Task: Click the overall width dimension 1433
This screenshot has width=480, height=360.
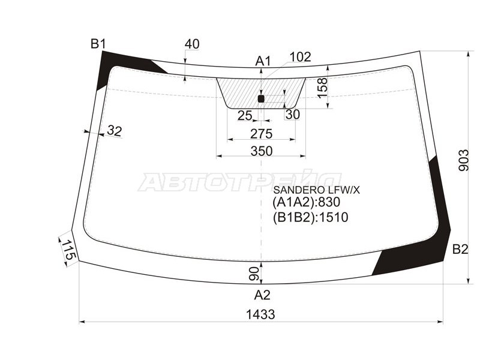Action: point(260,314)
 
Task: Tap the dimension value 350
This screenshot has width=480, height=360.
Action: point(261,151)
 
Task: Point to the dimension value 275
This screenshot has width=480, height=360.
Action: point(261,133)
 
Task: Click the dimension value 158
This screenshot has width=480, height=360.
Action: point(322,88)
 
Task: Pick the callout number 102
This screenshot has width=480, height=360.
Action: point(300,57)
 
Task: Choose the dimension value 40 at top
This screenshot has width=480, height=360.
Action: point(192,44)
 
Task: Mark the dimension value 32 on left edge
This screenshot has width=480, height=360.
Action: point(114,131)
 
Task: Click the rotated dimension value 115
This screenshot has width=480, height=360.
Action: point(67,250)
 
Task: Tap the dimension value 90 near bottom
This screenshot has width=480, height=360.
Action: point(254,274)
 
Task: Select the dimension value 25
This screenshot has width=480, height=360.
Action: point(244,115)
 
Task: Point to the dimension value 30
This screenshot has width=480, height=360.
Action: point(292,115)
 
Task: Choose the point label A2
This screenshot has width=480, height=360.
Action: point(262,295)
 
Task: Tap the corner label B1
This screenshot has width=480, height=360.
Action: point(98,43)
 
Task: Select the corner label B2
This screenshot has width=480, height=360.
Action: point(460,249)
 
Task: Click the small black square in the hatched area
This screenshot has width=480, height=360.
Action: point(261,98)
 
